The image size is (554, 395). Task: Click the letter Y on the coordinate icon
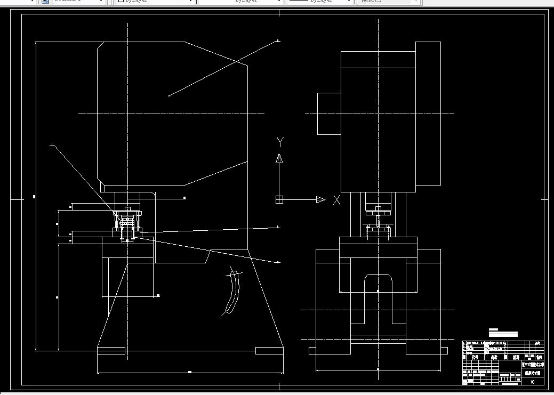coord(280,141)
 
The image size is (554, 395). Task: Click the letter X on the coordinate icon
coord(336,200)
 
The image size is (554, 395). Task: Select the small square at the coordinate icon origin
coord(279,200)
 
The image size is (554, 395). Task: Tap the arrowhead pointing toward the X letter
coord(320,200)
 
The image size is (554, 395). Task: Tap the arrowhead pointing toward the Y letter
coord(279,158)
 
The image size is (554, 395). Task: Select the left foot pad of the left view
coord(111,351)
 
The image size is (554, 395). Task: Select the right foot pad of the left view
coord(269,351)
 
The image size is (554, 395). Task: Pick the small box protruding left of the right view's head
coord(329,114)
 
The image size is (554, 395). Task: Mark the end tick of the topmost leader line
coord(278,41)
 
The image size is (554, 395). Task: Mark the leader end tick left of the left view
coord(51,145)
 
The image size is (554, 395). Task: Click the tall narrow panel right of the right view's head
coord(428,114)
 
